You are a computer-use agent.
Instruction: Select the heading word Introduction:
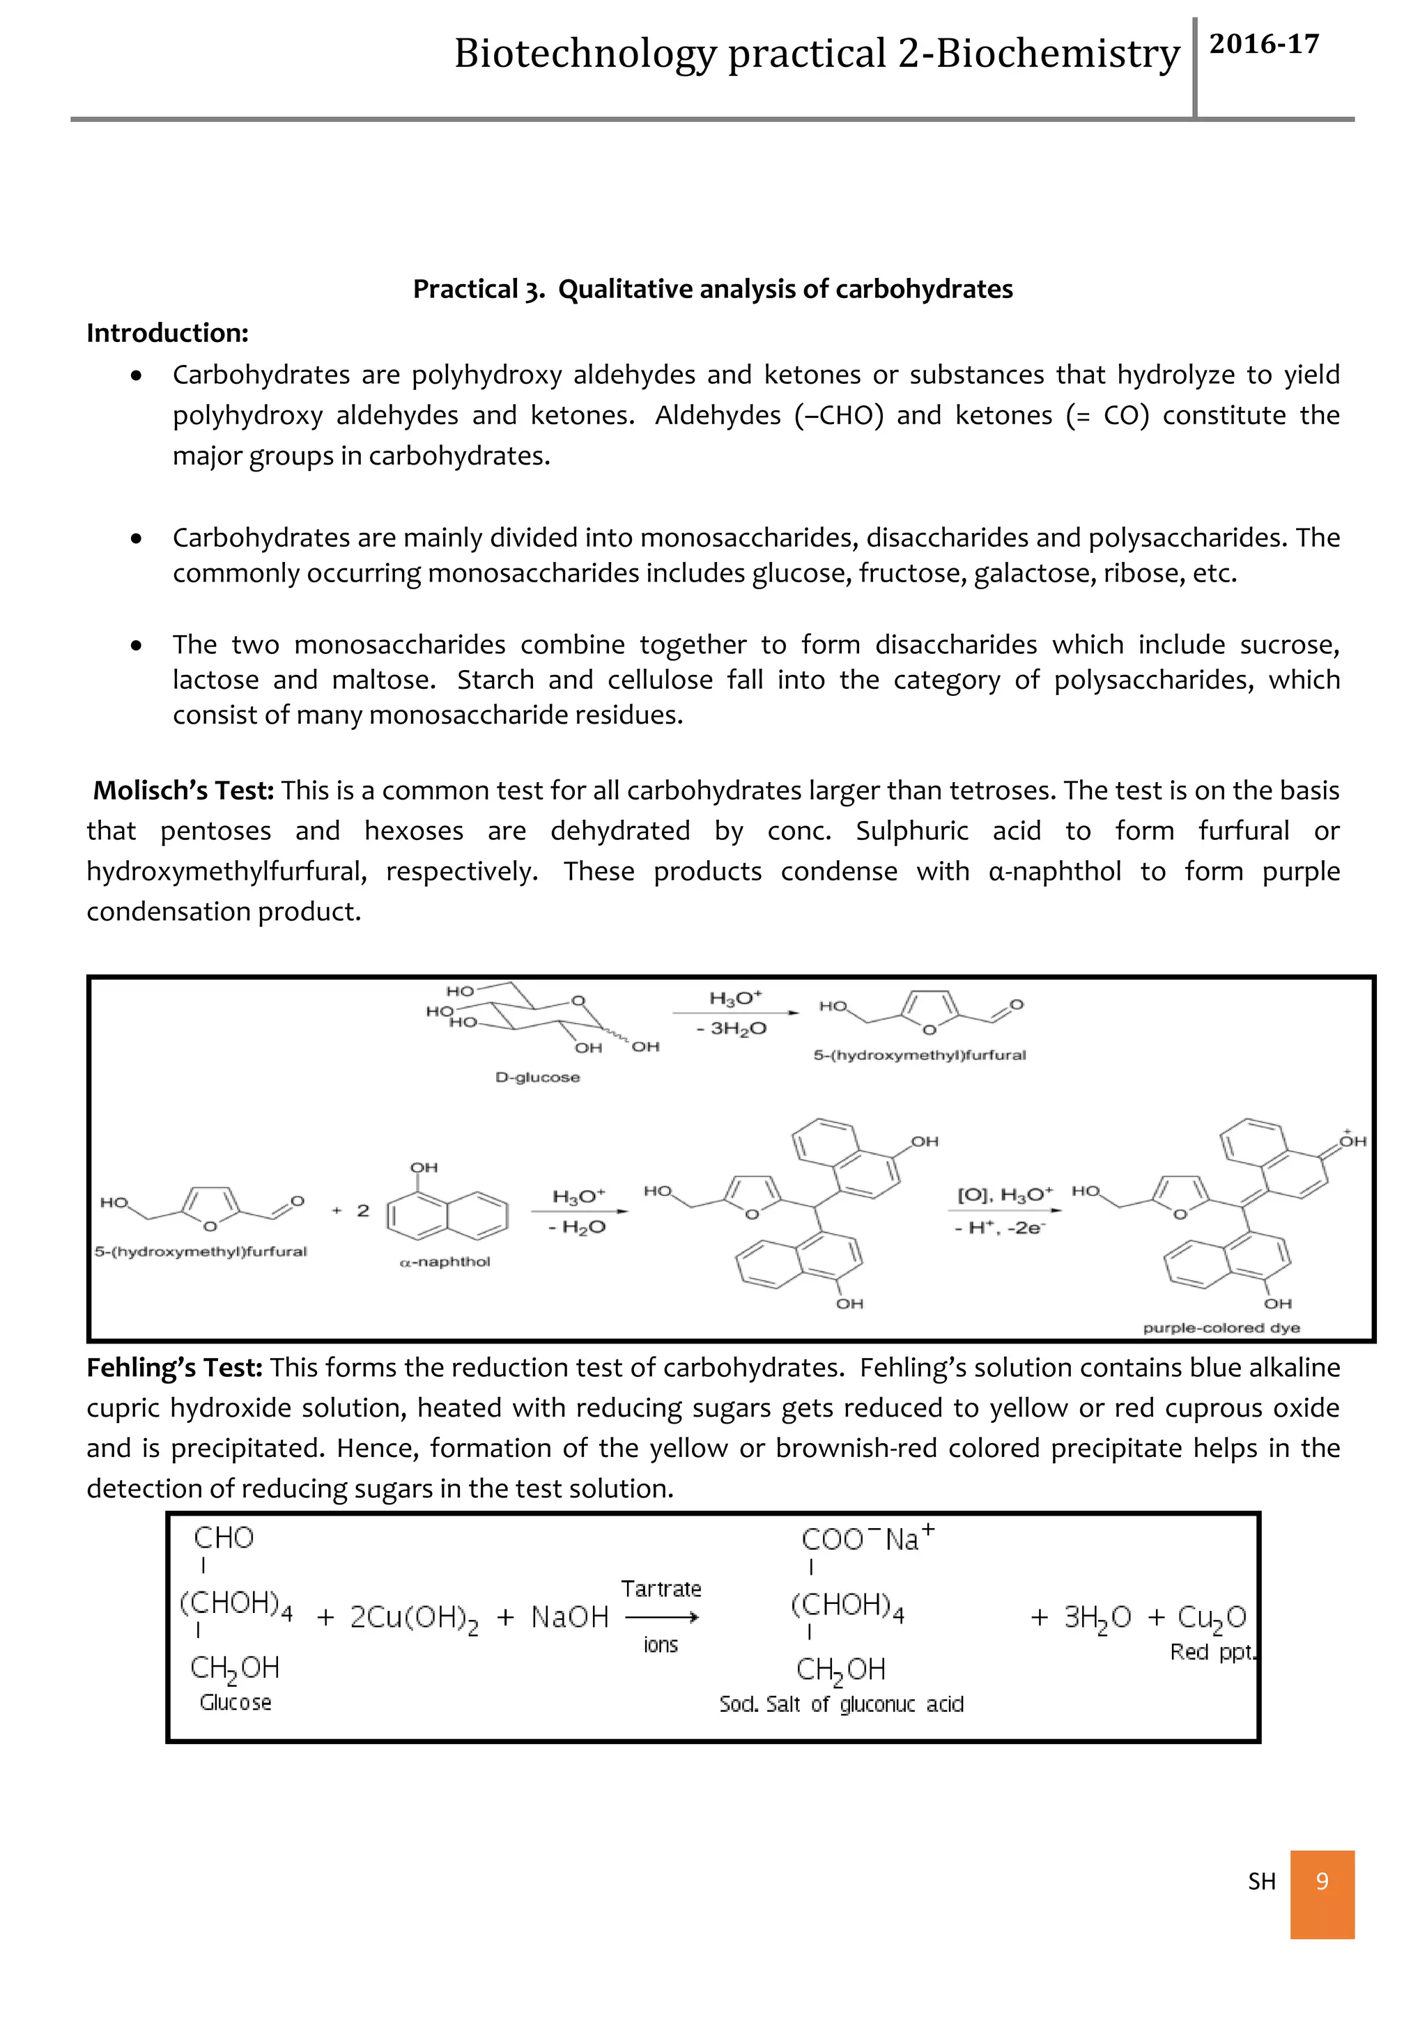point(167,333)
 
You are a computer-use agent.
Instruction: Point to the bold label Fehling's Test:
point(175,1368)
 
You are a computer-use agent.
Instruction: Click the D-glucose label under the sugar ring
point(537,1077)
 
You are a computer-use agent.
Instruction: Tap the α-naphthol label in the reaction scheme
point(445,1261)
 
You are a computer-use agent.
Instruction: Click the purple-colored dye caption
point(1221,1327)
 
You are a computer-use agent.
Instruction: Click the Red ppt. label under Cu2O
point(1212,1653)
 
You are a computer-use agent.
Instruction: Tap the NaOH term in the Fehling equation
point(569,1617)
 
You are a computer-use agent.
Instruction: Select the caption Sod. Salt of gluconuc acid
point(841,1705)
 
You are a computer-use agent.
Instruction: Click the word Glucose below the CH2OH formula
point(235,1702)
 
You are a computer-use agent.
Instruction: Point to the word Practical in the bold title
point(465,289)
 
